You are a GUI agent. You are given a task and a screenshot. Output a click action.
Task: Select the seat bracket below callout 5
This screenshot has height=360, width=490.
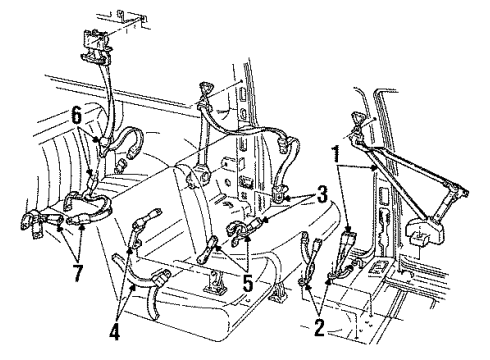215,286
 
